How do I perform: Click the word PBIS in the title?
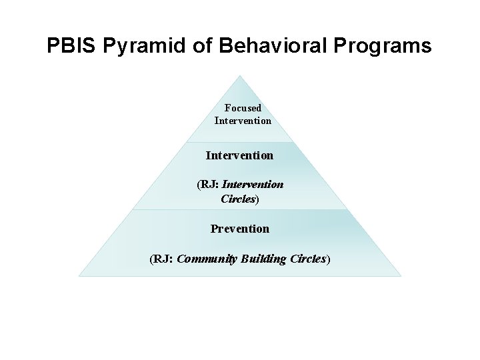(67, 46)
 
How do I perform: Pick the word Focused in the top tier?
(243, 107)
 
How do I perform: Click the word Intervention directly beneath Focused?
(243, 121)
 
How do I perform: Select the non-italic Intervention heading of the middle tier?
(239, 155)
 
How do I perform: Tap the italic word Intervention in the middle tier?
(253, 185)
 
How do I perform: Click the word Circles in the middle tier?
(237, 198)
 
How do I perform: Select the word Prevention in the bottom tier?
(240, 229)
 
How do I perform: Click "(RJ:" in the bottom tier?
(163, 259)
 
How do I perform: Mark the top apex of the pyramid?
(241, 75)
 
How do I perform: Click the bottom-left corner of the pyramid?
(79, 275)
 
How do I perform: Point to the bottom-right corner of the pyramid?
(401, 275)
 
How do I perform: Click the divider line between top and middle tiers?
(240, 141)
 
